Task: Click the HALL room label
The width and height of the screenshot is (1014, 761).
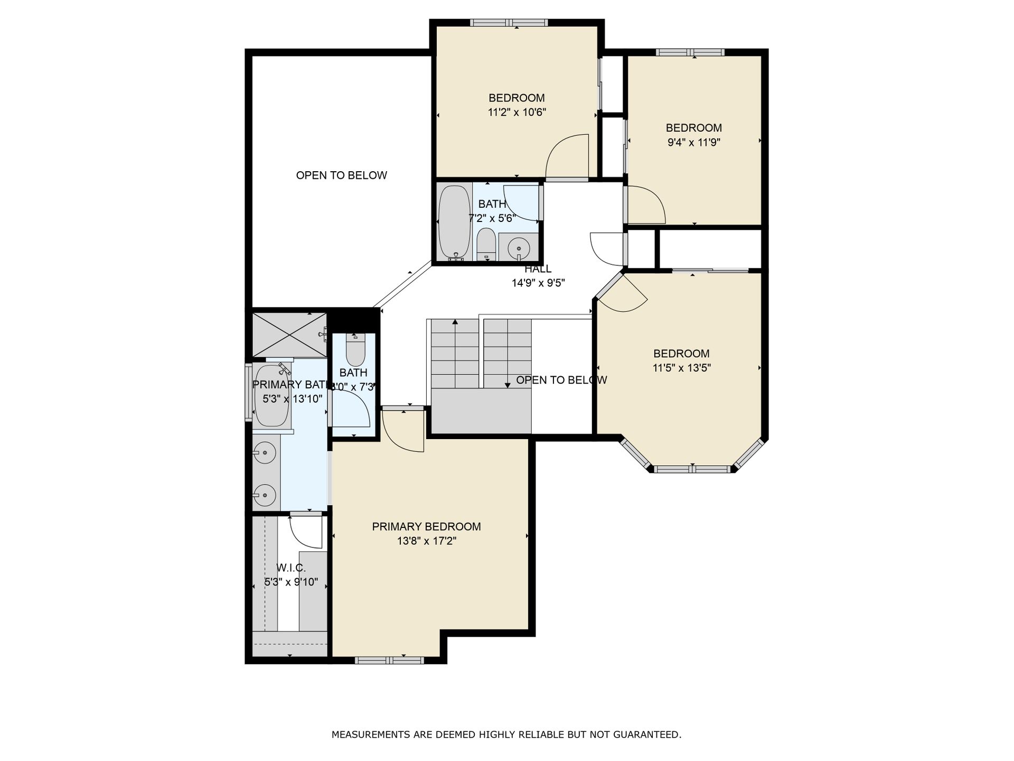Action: coord(538,269)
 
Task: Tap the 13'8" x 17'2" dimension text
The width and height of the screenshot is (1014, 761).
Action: coord(427,541)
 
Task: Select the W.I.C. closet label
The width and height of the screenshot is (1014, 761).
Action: coord(291,568)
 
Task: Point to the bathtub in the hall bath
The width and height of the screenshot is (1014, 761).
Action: coord(454,222)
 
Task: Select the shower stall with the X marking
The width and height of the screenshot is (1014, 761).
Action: coord(289,335)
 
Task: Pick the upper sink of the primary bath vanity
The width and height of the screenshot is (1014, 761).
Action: coord(265,452)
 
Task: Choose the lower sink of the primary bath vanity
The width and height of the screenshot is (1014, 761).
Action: coord(265,495)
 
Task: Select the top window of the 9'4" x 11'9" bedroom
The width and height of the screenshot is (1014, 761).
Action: coord(690,52)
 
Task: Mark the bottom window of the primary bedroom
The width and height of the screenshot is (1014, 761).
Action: coord(389,660)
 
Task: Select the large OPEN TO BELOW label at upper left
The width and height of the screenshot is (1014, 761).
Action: coord(342,175)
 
